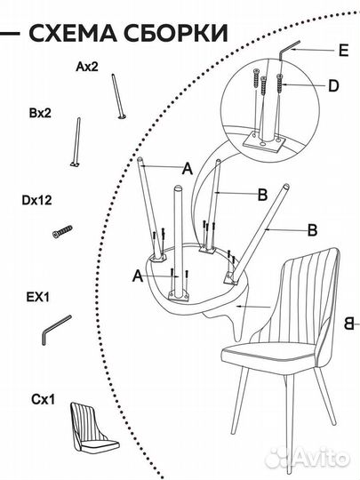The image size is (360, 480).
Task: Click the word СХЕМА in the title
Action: (73, 33)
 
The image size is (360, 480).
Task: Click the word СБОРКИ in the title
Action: (176, 33)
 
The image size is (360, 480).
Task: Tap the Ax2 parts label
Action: (87, 67)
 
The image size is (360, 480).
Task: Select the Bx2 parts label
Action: (40, 113)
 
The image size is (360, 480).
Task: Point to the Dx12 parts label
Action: (36, 200)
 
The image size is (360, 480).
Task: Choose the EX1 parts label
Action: (37, 297)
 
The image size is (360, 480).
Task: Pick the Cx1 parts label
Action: (44, 399)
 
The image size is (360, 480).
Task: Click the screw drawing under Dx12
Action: (63, 231)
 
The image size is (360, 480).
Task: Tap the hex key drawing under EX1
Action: (56, 330)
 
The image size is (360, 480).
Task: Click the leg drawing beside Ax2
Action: (118, 96)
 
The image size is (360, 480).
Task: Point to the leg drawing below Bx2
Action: (76, 142)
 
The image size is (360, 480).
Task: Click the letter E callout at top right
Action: (344, 50)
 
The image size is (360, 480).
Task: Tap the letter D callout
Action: (333, 85)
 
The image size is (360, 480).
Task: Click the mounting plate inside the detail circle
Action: (264, 142)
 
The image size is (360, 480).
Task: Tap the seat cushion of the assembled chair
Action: (269, 356)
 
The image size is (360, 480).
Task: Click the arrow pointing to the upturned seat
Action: (253, 306)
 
